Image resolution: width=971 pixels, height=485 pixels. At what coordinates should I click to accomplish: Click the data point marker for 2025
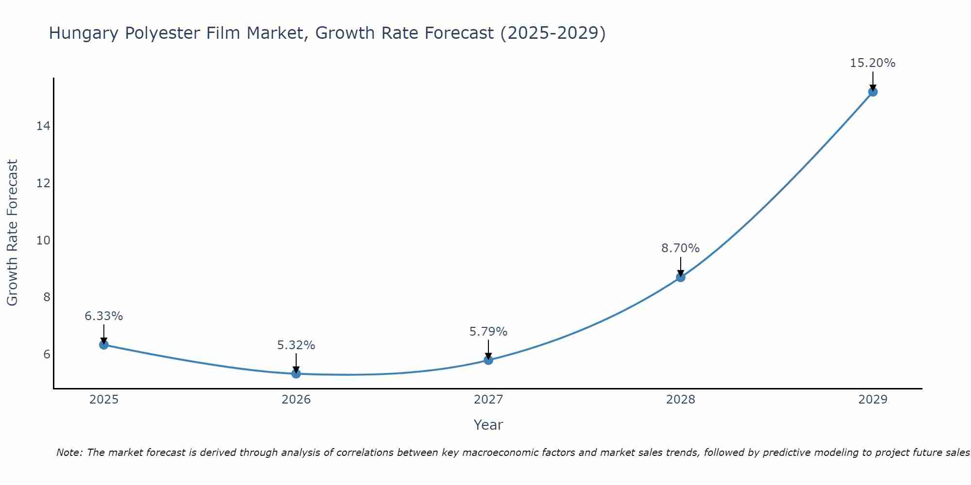pos(103,345)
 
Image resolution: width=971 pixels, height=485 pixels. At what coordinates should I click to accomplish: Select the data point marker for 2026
pos(296,373)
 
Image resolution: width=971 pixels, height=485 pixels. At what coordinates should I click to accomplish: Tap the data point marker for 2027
pos(488,360)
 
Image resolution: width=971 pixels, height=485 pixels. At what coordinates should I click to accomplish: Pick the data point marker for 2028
pos(680,277)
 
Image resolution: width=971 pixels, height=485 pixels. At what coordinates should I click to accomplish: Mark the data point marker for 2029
pos(872,92)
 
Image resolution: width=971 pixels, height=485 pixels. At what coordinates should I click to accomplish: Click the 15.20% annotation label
pos(872,63)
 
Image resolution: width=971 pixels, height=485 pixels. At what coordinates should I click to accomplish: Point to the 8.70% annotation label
pos(680,248)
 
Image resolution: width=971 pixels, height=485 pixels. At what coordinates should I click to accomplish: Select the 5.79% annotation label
pos(488,332)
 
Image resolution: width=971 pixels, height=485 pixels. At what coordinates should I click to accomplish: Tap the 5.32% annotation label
pos(296,345)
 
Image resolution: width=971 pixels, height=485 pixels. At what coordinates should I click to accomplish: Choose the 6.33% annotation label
pos(103,316)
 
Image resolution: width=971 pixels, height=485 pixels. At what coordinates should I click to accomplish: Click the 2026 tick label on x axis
pos(296,400)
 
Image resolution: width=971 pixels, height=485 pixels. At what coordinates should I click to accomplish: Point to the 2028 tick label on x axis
pos(680,400)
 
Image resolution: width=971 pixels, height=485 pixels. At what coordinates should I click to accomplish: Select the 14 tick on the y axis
pos(43,126)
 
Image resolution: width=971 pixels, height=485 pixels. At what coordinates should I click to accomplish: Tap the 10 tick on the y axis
pos(43,241)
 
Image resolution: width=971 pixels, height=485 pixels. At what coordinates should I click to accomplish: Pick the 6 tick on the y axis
pos(47,355)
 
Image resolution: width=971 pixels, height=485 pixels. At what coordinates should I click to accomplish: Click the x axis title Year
pos(488,425)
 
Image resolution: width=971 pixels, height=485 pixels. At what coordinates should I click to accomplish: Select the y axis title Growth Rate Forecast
pos(13,233)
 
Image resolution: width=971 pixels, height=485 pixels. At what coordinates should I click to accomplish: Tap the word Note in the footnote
pos(69,453)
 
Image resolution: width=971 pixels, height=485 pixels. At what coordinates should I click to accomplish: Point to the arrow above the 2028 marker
pos(680,266)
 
